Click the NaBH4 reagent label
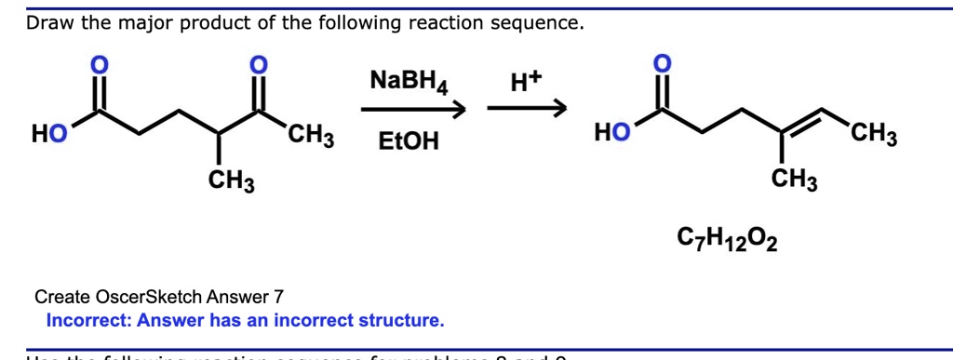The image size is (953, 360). point(409,83)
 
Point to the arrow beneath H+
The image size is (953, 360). point(527,111)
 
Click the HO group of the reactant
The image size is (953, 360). point(49,135)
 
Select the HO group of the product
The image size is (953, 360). point(611,135)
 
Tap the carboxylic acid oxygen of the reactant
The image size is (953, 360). point(97,65)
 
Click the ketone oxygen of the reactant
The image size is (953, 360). point(260,65)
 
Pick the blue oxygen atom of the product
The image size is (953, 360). point(661,63)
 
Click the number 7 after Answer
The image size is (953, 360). point(277,298)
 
